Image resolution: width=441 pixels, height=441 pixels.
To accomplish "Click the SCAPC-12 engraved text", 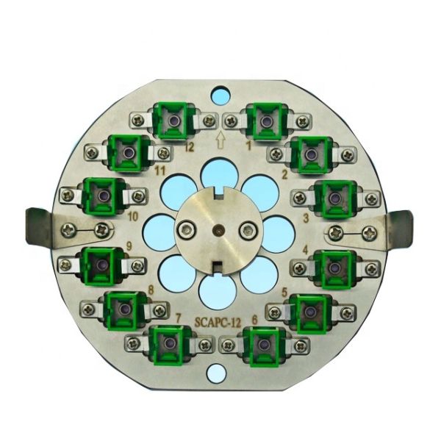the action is (x=218, y=323).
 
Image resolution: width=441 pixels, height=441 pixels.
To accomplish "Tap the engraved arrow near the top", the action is (x=220, y=140).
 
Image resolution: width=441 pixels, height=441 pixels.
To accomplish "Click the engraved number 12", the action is (x=190, y=147).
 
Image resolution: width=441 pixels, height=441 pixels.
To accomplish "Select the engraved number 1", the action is (x=248, y=146).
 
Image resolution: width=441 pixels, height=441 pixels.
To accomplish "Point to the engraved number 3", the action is (x=306, y=218).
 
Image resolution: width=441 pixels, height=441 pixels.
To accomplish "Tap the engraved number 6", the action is (x=254, y=320).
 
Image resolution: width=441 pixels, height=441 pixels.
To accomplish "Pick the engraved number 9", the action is (x=129, y=247).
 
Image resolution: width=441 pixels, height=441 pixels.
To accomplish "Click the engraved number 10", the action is (x=133, y=217).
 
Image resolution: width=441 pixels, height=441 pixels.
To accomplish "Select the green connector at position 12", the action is (x=173, y=121).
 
